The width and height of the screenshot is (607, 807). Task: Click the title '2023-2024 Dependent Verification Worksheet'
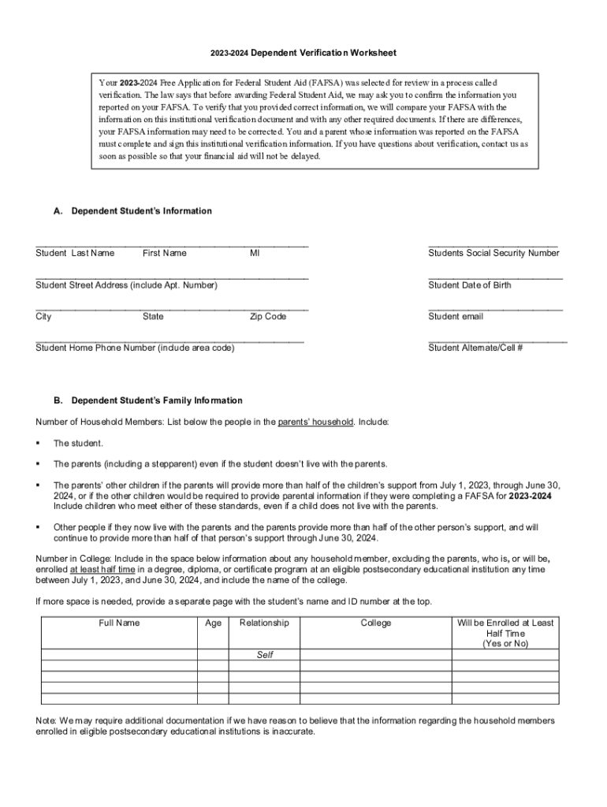coord(303,53)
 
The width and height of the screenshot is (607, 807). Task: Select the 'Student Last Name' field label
coord(75,253)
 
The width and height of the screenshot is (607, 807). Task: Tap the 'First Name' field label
coord(165,253)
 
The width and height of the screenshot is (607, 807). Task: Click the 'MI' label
coord(255,253)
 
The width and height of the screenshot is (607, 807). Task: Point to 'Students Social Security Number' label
coord(493,253)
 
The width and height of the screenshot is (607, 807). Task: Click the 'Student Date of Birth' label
coord(469,284)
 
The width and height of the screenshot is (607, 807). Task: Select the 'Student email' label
coord(456,316)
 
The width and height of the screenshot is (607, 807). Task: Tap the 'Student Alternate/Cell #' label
coord(475,348)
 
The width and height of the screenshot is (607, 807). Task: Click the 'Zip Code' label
coord(268,316)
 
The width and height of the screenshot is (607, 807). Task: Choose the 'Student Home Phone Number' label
coord(135,348)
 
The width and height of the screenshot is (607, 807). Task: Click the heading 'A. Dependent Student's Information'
coord(132,211)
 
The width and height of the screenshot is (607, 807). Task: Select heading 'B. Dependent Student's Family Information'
coord(147,400)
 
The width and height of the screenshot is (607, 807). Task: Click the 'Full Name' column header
coord(119,623)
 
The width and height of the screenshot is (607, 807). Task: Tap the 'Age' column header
coord(213,623)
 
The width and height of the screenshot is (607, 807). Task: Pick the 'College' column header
coord(375,623)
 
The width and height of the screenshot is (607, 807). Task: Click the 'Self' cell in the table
coord(265,655)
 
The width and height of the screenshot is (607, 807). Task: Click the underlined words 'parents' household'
coord(315,422)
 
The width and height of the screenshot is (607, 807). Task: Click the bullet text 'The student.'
coord(78,443)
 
